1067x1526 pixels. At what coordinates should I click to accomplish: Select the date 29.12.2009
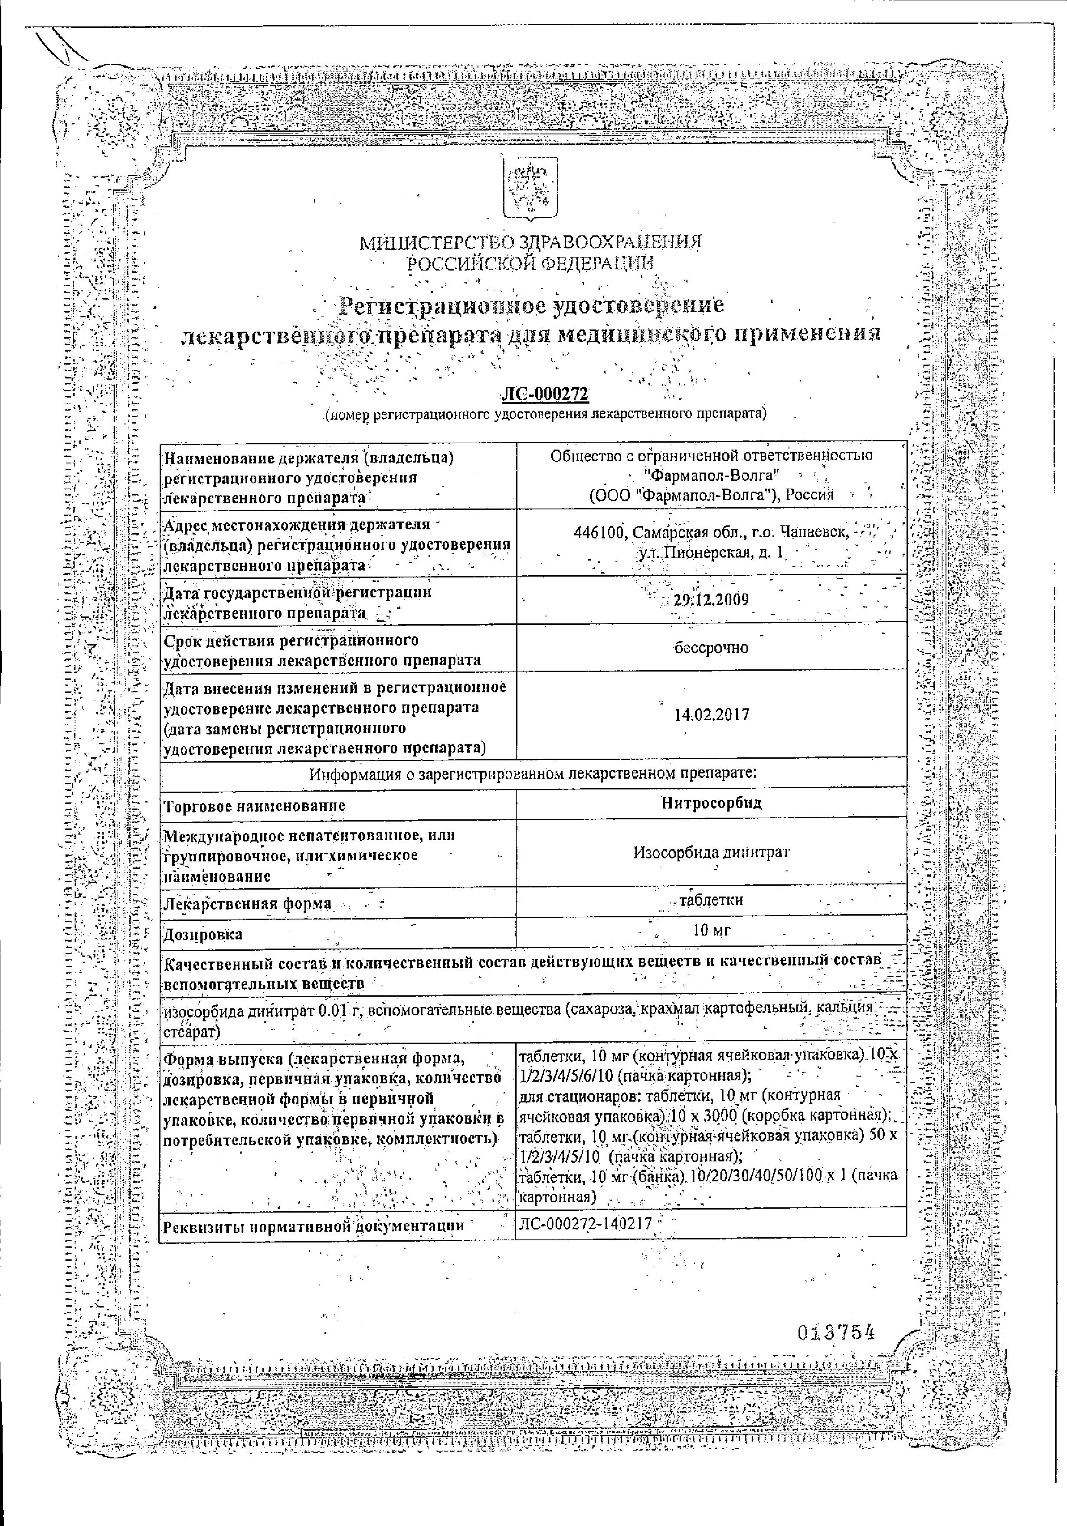[x=711, y=600]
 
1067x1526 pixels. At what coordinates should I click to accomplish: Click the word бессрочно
[x=711, y=647]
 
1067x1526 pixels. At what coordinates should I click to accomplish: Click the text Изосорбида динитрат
[x=711, y=851]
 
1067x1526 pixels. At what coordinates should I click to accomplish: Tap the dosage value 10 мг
[x=711, y=930]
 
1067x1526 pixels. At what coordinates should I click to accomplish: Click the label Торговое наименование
[x=255, y=805]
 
